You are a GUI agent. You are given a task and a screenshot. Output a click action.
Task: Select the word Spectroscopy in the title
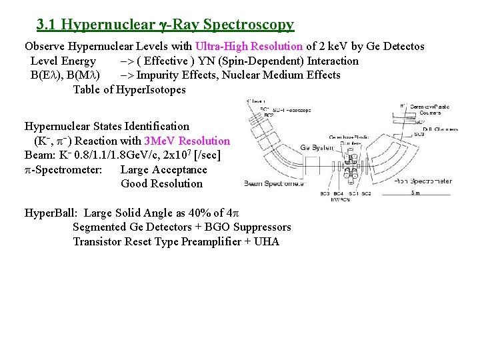(249, 25)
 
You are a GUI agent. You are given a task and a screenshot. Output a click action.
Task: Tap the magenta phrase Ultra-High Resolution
(249, 47)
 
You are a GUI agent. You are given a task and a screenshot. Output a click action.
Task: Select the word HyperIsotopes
(151, 90)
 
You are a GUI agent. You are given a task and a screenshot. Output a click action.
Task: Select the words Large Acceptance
(163, 169)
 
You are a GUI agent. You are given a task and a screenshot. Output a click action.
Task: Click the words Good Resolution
(161, 183)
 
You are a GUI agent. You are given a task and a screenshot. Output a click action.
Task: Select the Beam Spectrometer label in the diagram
(274, 183)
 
